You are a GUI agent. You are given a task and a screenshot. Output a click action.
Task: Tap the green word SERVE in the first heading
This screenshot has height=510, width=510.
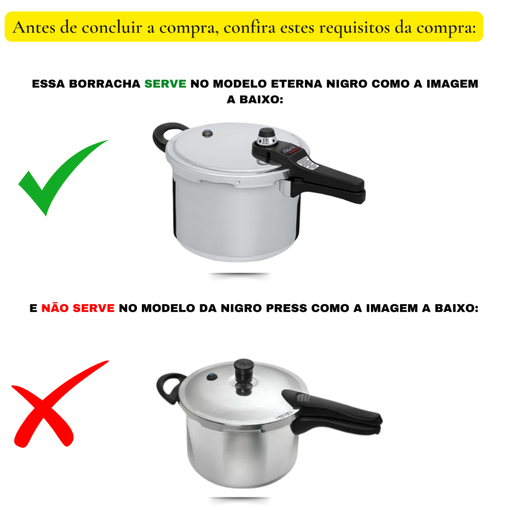[165, 84]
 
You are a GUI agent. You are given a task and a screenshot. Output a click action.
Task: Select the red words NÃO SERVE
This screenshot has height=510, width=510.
[78, 308]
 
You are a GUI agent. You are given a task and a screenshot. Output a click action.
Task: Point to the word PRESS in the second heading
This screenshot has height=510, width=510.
[286, 308]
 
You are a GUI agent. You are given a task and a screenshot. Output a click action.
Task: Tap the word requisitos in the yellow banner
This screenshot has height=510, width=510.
[355, 28]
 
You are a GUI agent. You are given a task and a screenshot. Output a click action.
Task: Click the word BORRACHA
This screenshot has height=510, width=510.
[105, 84]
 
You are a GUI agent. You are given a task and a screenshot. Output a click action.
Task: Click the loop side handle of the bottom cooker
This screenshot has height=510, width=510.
[168, 387]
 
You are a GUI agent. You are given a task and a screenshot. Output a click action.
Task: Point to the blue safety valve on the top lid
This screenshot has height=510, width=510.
[207, 133]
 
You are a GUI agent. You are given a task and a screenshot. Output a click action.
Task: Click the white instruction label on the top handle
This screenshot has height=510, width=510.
[307, 162]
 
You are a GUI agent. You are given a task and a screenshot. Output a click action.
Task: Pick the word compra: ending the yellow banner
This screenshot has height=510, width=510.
[447, 28]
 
